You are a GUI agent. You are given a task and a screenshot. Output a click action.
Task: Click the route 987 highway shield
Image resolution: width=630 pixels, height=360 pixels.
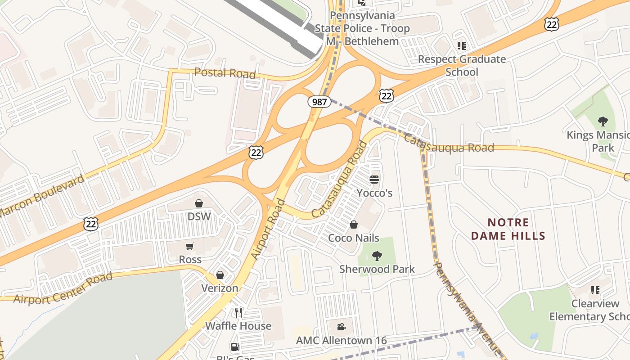pos(319,102)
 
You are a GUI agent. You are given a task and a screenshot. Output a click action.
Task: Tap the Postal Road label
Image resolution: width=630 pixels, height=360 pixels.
pos(225,73)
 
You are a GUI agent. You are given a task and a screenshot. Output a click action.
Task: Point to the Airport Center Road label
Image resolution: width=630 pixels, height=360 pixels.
pos(63,288)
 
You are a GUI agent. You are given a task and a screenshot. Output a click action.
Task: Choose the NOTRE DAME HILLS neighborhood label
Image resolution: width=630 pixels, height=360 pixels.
pos(508,229)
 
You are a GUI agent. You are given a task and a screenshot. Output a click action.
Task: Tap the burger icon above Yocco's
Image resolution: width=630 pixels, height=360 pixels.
pos(374,180)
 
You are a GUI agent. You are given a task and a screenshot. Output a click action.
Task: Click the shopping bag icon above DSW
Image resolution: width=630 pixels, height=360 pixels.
pos(199,203)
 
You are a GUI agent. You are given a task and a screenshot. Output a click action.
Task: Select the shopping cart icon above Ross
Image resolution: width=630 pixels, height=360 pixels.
pos(190,246)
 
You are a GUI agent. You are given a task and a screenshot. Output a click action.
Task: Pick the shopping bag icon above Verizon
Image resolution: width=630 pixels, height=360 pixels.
pos(220,274)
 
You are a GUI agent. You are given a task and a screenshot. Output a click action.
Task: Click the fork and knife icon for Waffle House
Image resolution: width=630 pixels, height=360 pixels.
pos(238,312)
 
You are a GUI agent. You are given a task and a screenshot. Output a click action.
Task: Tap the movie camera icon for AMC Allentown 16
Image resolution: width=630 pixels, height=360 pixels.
pos(341,327)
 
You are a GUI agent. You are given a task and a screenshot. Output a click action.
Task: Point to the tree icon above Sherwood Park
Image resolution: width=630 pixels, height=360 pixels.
pos(377,256)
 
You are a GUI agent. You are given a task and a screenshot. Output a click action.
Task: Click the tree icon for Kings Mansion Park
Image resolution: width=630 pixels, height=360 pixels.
pos(603,121)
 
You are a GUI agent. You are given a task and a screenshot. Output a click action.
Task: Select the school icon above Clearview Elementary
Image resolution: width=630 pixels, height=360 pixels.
pos(595,290)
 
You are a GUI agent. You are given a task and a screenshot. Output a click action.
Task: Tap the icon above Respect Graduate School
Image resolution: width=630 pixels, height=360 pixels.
pos(462,45)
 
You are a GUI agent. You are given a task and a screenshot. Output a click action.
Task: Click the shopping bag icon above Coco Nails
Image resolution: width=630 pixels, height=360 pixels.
pos(354,225)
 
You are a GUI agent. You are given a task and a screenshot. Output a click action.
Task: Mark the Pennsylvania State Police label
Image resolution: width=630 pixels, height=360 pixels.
pos(362,28)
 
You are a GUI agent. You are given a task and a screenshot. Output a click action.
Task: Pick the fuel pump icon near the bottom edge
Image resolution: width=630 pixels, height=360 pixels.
pos(235,347)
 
